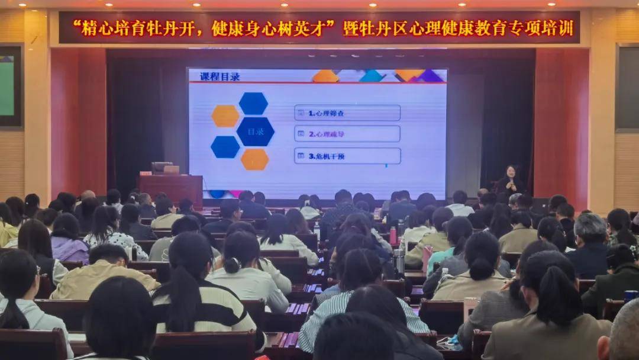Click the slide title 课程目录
[220, 76]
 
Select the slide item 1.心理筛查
[347, 112]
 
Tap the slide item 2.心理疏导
[347, 134]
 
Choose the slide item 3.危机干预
[347, 156]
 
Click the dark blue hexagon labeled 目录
[256, 131]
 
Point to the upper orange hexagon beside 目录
[225, 116]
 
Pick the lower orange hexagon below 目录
[255, 159]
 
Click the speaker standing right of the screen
[509, 181]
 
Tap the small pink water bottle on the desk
[393, 235]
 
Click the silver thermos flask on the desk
[399, 261]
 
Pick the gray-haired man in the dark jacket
[589, 246]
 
